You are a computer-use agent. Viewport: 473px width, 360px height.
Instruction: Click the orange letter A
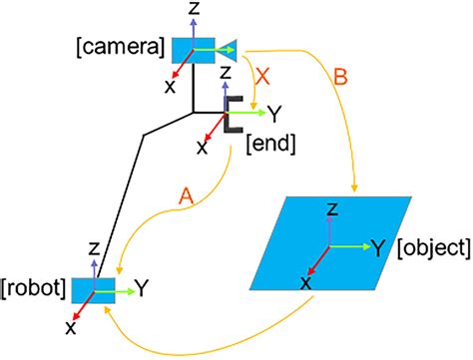tap(185, 198)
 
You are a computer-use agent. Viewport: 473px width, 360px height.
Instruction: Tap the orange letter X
tap(261, 76)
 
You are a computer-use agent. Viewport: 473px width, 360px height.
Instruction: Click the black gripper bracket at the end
tap(232, 115)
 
